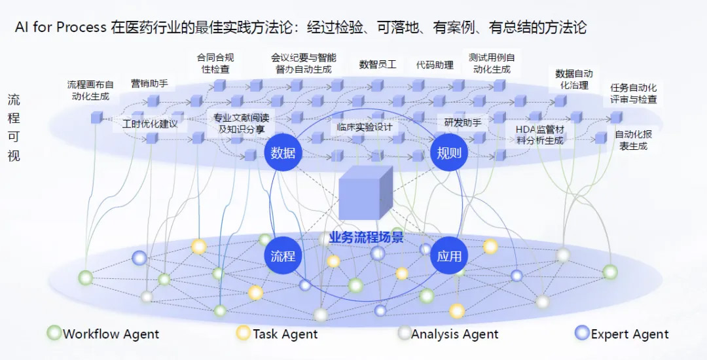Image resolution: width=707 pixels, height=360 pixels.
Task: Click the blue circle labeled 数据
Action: pos(283,153)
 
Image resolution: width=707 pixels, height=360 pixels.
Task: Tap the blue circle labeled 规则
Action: pos(449,153)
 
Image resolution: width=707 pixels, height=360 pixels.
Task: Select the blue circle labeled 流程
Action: pos(283,256)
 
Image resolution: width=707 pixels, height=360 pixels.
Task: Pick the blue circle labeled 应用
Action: pos(449,256)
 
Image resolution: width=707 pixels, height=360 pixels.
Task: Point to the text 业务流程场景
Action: pos(366,238)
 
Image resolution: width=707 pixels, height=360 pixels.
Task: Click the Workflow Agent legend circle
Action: pos(54,333)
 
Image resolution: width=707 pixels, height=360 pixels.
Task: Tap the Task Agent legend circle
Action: pos(244,333)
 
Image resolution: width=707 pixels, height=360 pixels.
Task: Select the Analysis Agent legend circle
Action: pos(405,333)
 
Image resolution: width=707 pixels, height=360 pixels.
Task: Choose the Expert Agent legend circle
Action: pos(582,333)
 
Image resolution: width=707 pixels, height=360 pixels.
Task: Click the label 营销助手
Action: pos(149,83)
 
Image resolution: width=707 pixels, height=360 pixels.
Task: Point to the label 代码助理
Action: pos(435,65)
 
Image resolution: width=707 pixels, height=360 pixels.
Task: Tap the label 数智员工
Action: pos(378,64)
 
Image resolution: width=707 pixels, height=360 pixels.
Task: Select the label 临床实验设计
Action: pos(365,127)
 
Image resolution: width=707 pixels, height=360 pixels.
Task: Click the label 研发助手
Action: pos(463,122)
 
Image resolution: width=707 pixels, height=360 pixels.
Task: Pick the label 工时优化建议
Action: pos(150,124)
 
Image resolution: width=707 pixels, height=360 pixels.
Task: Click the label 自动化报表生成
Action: pos(633,141)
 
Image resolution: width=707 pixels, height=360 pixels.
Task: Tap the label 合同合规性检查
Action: pos(215,63)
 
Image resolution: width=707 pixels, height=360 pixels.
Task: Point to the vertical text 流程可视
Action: pos(14,128)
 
